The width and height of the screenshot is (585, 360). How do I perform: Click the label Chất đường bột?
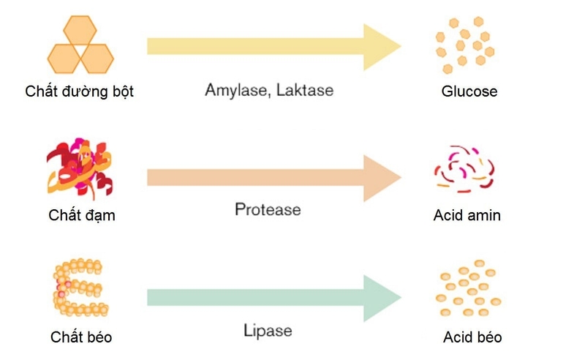[79, 92]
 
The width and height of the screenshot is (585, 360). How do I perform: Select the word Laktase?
[306, 91]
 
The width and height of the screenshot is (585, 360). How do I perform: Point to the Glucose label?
[469, 92]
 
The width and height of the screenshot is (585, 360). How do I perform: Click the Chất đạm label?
[82, 216]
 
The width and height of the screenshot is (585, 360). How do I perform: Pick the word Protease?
[268, 209]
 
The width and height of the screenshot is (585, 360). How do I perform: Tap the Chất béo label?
[81, 337]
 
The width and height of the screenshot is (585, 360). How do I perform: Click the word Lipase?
[268, 331]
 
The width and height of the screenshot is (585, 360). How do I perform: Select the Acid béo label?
[472, 337]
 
